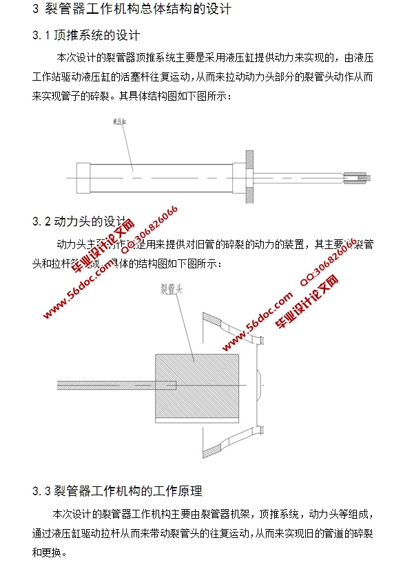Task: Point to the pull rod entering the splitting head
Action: click(x=107, y=384)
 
